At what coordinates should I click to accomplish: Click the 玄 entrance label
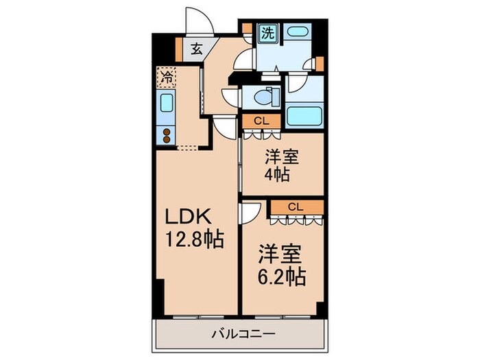195,49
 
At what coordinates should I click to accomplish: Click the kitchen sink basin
167,105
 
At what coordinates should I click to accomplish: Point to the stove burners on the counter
167,134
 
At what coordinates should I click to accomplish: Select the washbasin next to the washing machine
297,32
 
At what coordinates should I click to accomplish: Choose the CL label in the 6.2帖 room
295,206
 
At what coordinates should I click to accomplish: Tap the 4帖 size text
277,174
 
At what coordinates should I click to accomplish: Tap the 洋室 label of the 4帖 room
280,156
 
